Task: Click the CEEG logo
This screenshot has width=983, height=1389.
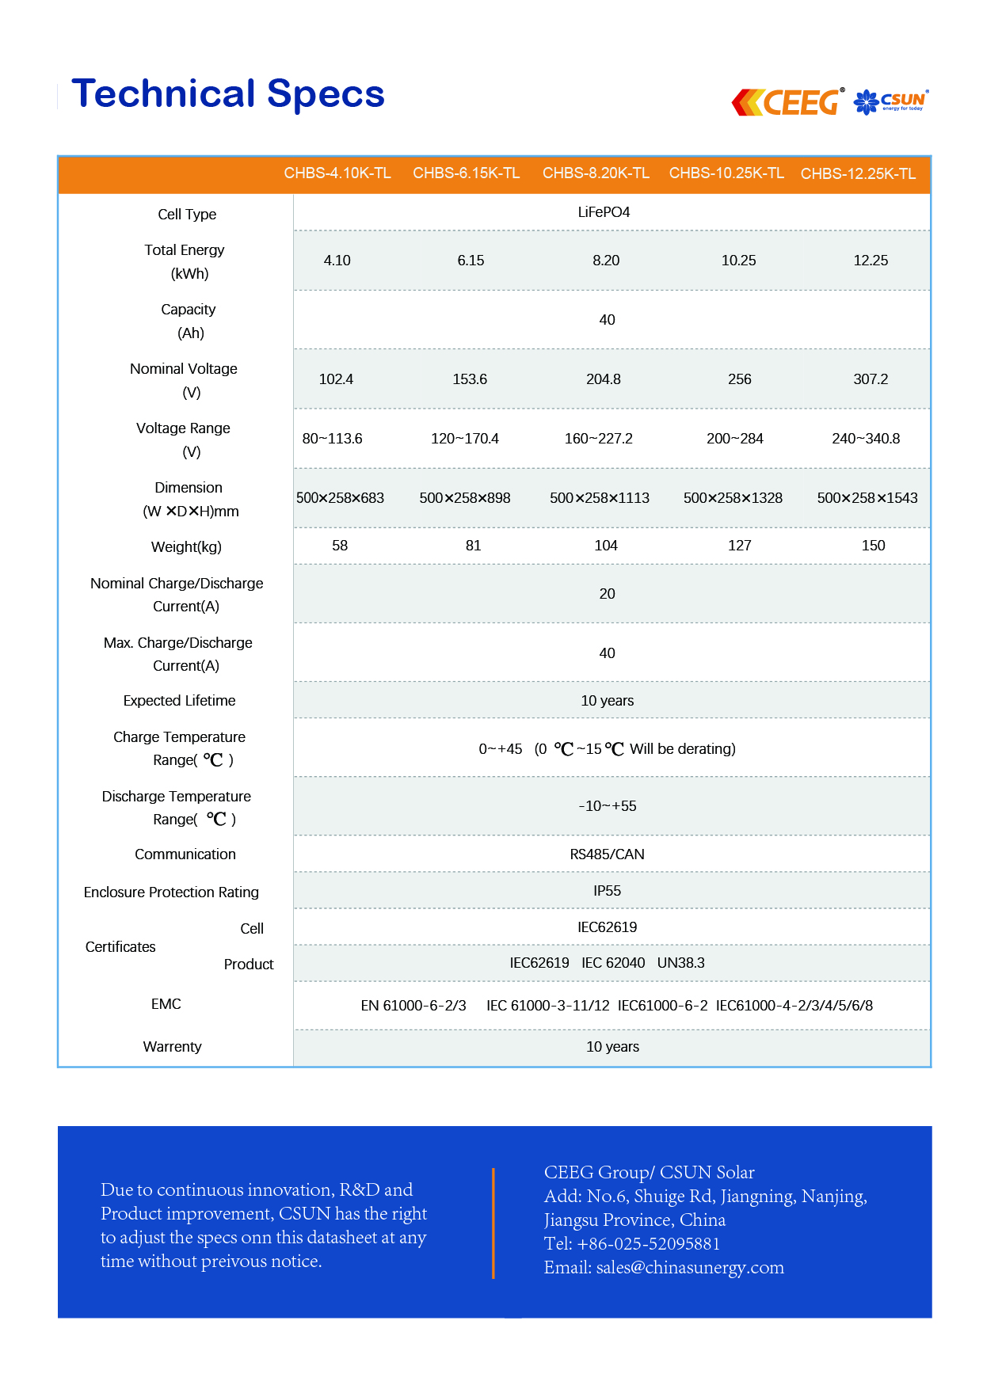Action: [787, 102]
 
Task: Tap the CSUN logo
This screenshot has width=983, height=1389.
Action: [891, 101]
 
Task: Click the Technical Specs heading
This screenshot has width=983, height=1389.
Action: [228, 93]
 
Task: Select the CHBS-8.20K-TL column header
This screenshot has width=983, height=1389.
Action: [596, 173]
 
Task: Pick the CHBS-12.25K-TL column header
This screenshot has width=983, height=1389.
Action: [858, 174]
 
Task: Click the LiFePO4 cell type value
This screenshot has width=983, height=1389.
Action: [604, 212]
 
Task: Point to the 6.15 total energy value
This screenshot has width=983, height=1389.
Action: [471, 261]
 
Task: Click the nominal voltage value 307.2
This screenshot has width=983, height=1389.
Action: [871, 379]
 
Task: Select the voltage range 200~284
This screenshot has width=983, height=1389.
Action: [734, 439]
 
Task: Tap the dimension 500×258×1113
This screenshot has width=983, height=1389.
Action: [600, 498]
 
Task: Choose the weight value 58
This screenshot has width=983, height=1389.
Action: [340, 546]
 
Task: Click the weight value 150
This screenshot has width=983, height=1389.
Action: [873, 546]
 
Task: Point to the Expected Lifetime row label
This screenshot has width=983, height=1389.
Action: [179, 701]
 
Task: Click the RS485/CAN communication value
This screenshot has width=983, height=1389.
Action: [607, 854]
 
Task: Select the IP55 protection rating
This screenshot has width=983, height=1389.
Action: [607, 891]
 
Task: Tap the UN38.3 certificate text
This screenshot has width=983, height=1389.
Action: [680, 963]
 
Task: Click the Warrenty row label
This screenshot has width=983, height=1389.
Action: [172, 1047]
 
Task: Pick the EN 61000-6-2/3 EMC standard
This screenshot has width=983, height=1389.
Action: [413, 1006]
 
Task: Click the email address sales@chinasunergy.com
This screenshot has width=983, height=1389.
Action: [690, 1268]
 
